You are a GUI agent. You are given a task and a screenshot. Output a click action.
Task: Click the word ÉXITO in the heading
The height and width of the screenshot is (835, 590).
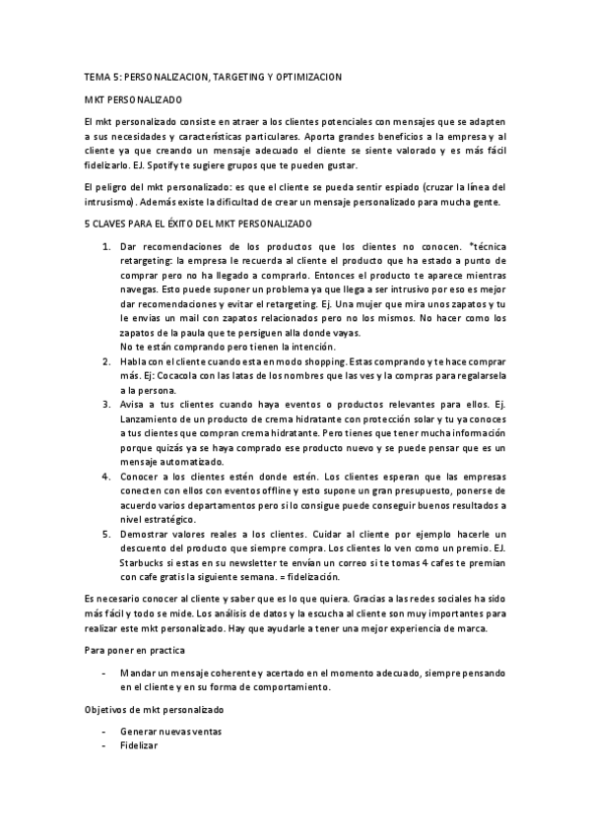(x=199, y=225)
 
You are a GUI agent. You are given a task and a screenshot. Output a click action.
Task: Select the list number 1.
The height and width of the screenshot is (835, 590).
(x=106, y=243)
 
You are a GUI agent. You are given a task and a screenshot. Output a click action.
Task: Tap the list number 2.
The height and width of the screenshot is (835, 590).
(x=106, y=361)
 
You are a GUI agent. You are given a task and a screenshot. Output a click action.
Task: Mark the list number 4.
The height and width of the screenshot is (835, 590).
(x=106, y=476)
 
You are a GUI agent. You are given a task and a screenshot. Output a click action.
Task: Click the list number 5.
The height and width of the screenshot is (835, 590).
(x=106, y=533)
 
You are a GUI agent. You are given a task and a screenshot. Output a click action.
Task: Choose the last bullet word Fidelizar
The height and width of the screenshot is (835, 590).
(x=138, y=746)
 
